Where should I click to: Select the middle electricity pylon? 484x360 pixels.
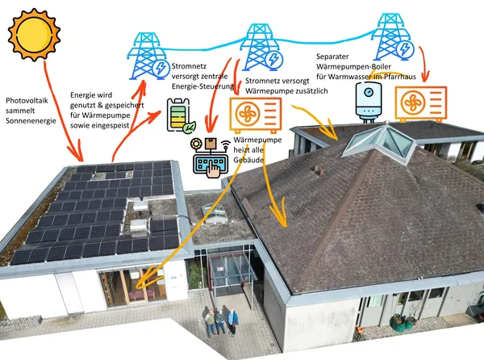click(261, 46)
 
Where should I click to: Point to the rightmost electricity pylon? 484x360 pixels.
click(393, 36)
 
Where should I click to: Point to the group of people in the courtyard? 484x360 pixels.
click(220, 320)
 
